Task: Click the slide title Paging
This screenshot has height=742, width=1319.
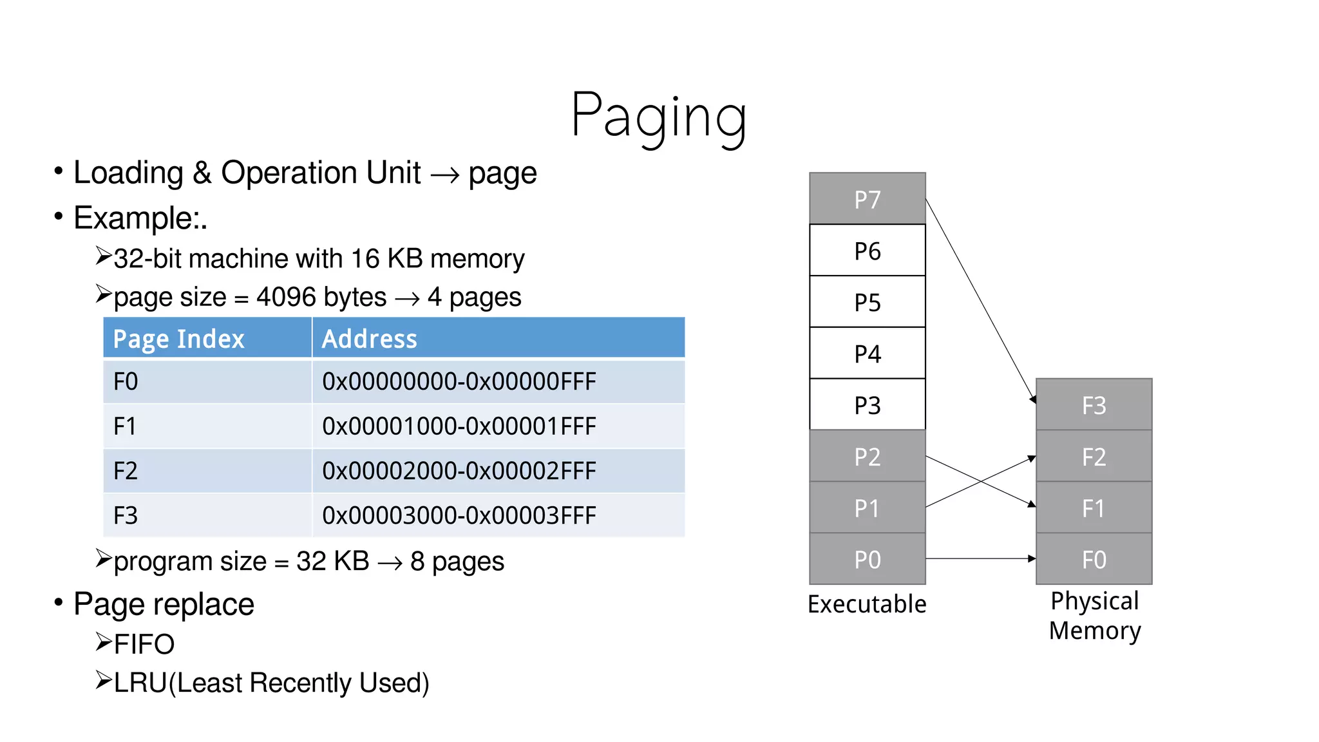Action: click(658, 116)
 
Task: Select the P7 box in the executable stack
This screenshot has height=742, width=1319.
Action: click(867, 199)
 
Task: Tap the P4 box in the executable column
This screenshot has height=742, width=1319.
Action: click(867, 353)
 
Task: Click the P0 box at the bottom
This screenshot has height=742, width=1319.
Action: click(867, 559)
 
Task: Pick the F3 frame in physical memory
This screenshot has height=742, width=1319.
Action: click(1094, 404)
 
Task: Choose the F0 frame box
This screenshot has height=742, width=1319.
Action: click(1094, 559)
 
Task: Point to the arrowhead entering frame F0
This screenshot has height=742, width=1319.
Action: click(1032, 558)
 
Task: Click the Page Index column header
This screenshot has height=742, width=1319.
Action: click(179, 339)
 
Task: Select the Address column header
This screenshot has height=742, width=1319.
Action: click(369, 339)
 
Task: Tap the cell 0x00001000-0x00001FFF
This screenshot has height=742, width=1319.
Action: click(459, 426)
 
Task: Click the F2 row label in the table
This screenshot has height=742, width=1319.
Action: click(126, 471)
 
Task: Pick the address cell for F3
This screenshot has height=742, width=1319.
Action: click(459, 515)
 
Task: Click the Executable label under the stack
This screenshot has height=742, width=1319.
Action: click(867, 604)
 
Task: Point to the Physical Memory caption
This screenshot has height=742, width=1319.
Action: click(1094, 616)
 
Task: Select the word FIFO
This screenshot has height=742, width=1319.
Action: click(144, 644)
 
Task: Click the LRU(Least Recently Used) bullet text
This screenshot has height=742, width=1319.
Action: click(271, 683)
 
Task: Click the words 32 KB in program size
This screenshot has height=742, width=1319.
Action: click(332, 561)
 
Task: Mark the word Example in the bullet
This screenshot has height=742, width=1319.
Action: click(135, 218)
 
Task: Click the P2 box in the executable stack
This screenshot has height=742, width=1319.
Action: click(867, 456)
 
